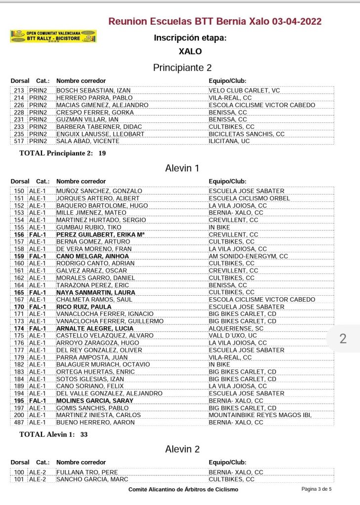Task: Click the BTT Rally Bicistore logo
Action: coord(53,36)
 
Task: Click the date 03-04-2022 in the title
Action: coord(296,21)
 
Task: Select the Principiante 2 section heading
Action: coord(182,68)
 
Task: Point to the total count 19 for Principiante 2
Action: coord(102,153)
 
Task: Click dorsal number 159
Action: coord(19,256)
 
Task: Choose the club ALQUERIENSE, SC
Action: coord(237,328)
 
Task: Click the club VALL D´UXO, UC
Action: coord(233,336)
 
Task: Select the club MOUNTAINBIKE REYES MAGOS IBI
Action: coord(260,415)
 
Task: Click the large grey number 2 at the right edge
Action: coord(343,339)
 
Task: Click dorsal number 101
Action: coord(19,479)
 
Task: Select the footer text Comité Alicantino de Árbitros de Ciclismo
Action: coord(183,490)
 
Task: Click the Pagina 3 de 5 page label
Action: coord(317,489)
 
